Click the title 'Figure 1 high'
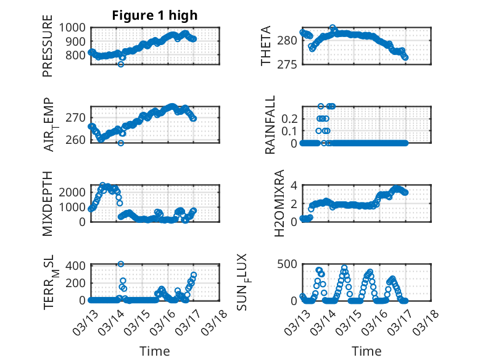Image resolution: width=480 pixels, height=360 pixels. (154, 15)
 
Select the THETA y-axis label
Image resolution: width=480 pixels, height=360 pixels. (266, 46)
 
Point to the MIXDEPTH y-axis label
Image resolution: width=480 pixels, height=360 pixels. (48, 203)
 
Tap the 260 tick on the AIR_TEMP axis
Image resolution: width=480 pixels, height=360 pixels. (78, 140)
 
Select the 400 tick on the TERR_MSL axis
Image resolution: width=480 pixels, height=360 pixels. (78, 266)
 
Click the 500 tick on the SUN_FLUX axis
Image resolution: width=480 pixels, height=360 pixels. (291, 264)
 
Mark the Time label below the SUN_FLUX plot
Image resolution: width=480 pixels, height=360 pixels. (366, 351)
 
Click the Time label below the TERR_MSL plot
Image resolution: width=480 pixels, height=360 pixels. (154, 351)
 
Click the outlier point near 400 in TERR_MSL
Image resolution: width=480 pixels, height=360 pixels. (121, 264)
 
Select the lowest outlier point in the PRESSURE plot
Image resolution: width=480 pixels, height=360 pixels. (121, 64)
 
